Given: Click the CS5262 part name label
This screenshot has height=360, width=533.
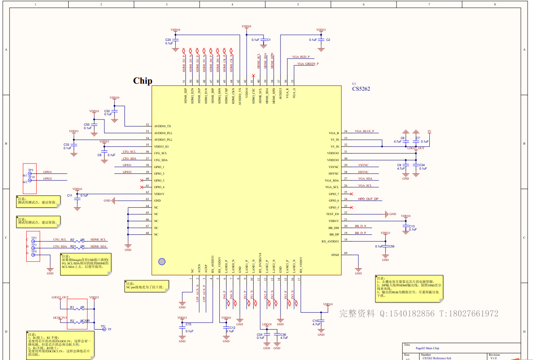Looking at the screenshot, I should [361, 89].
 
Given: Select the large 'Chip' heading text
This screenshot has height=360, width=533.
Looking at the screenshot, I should [143, 81].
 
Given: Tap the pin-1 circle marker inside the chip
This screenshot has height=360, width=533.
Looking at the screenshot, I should [162, 262].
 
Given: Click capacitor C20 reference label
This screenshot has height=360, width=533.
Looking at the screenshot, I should [168, 40].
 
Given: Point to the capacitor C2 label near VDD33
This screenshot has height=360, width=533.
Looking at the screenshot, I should [328, 40].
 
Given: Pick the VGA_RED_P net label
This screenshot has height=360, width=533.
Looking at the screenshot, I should [301, 57].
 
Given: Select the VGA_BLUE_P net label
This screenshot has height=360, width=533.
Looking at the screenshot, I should [364, 131].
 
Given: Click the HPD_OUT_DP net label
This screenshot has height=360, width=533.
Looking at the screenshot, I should [368, 199].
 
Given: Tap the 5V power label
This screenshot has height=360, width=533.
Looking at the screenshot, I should [429, 131].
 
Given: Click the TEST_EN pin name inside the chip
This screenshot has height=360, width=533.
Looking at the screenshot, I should [332, 214].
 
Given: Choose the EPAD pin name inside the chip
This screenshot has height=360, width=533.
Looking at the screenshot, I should [335, 255].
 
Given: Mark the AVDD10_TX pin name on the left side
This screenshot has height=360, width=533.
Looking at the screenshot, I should [163, 126].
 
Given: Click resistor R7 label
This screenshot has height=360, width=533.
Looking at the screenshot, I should [72, 240].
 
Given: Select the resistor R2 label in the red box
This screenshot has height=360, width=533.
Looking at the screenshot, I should [72, 321].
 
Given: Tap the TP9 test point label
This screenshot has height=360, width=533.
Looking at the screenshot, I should [30, 170].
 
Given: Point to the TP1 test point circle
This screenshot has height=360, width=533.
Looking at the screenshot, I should [104, 329].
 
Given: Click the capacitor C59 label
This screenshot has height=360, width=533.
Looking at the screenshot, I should [391, 246].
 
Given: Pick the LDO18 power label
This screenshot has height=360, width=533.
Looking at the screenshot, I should [267, 324].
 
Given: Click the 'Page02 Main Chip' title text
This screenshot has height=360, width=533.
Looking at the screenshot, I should [427, 348].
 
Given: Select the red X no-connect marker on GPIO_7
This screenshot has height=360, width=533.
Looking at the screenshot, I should [351, 194].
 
